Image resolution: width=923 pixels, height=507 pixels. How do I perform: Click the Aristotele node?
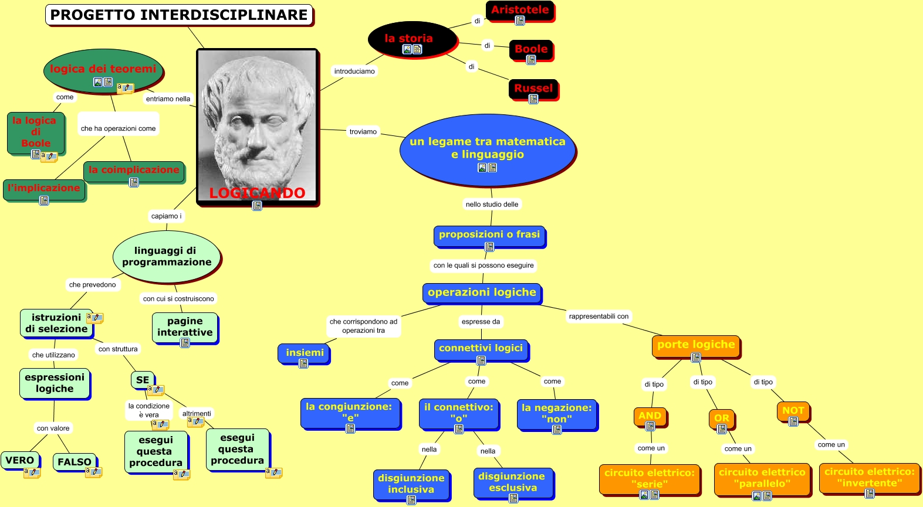(520, 10)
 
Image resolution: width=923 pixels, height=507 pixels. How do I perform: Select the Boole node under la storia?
(531, 49)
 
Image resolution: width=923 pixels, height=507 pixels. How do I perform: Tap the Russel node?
(533, 89)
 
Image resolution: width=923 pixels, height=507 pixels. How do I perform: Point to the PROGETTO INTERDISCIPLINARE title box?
(179, 15)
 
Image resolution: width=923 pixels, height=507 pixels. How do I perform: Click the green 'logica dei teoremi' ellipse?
(103, 70)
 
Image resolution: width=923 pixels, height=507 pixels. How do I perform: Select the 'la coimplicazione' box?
(134, 171)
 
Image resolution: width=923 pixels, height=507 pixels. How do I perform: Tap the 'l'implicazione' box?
(44, 189)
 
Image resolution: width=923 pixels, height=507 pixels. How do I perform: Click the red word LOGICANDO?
(257, 193)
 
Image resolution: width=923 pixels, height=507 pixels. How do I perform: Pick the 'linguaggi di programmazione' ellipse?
(167, 257)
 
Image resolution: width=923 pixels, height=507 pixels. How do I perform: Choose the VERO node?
(20, 460)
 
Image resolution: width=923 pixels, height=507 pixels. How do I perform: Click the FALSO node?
(75, 462)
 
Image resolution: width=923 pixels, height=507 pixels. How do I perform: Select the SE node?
(143, 380)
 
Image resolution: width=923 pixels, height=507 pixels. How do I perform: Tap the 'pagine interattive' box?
(185, 327)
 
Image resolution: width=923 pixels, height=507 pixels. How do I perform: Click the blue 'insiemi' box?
(305, 353)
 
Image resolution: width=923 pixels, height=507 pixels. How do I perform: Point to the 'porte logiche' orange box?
(696, 345)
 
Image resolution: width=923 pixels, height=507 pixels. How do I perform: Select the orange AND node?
(650, 416)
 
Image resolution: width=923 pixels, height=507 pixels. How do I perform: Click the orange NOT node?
(793, 411)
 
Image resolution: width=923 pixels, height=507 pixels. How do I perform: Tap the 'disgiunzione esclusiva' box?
(513, 482)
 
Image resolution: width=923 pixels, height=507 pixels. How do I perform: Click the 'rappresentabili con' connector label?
(599, 317)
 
